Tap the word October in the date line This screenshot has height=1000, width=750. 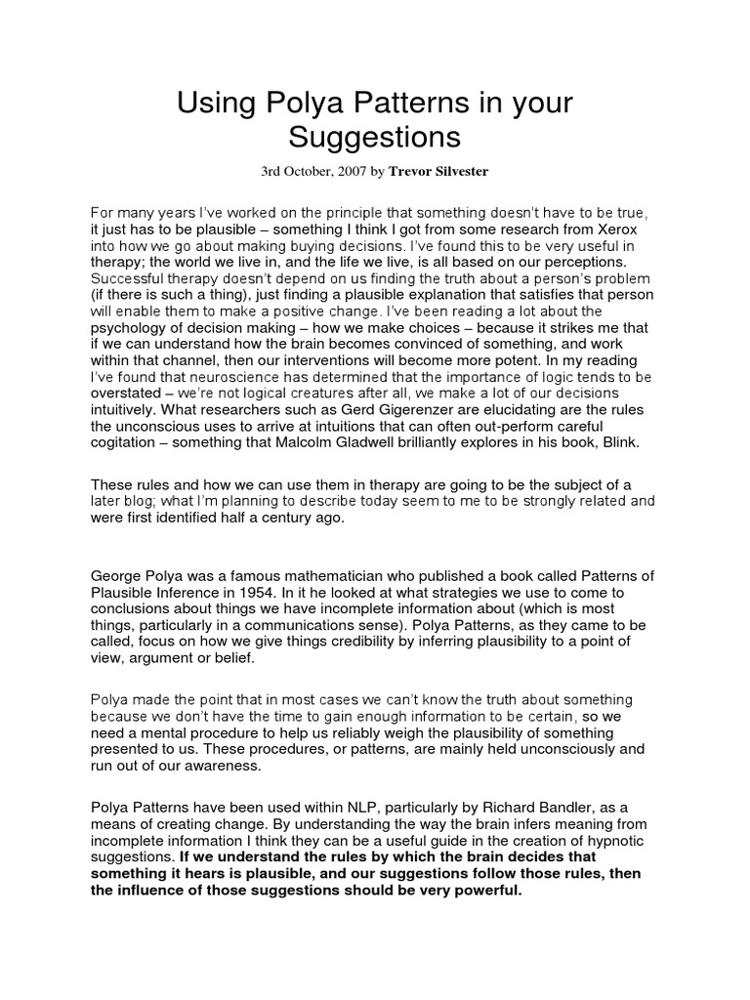304,171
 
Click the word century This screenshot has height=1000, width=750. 278,519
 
